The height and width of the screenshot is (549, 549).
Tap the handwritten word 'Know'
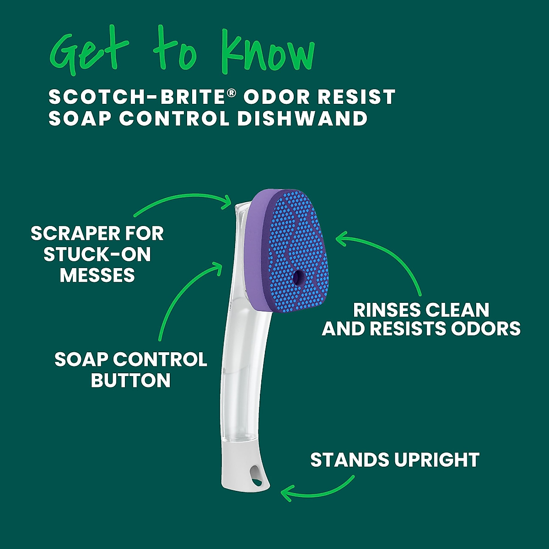click(x=268, y=51)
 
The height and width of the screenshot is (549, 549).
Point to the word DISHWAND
click(x=302, y=118)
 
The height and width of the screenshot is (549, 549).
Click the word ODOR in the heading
click(x=276, y=97)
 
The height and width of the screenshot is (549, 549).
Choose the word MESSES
click(x=97, y=275)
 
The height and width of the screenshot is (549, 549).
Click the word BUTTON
click(x=130, y=381)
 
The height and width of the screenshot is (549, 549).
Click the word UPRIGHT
click(x=436, y=460)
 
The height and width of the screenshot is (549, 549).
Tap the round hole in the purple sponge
click(x=299, y=276)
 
